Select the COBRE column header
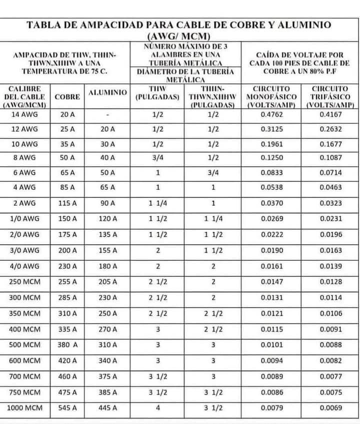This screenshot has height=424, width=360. [67, 97]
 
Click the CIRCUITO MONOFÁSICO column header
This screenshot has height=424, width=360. [272, 97]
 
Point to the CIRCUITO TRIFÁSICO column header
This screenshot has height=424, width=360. [329, 97]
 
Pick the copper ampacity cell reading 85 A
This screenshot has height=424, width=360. [67, 187]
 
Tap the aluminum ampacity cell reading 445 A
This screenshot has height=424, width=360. [107, 408]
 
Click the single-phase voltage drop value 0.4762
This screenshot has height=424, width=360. [272, 114]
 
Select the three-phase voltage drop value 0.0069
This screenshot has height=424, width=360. [330, 408]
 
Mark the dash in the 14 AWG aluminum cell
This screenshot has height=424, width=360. [107, 114]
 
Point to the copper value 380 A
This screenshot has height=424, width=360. [67, 345]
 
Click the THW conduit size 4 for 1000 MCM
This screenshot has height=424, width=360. [157, 408]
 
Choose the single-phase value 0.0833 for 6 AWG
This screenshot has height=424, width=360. [272, 172]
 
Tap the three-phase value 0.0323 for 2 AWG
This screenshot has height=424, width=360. [330, 203]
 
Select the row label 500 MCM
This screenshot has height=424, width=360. [24, 345]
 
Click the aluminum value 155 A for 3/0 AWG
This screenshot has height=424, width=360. [107, 250]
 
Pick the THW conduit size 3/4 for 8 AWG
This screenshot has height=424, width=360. [157, 158]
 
